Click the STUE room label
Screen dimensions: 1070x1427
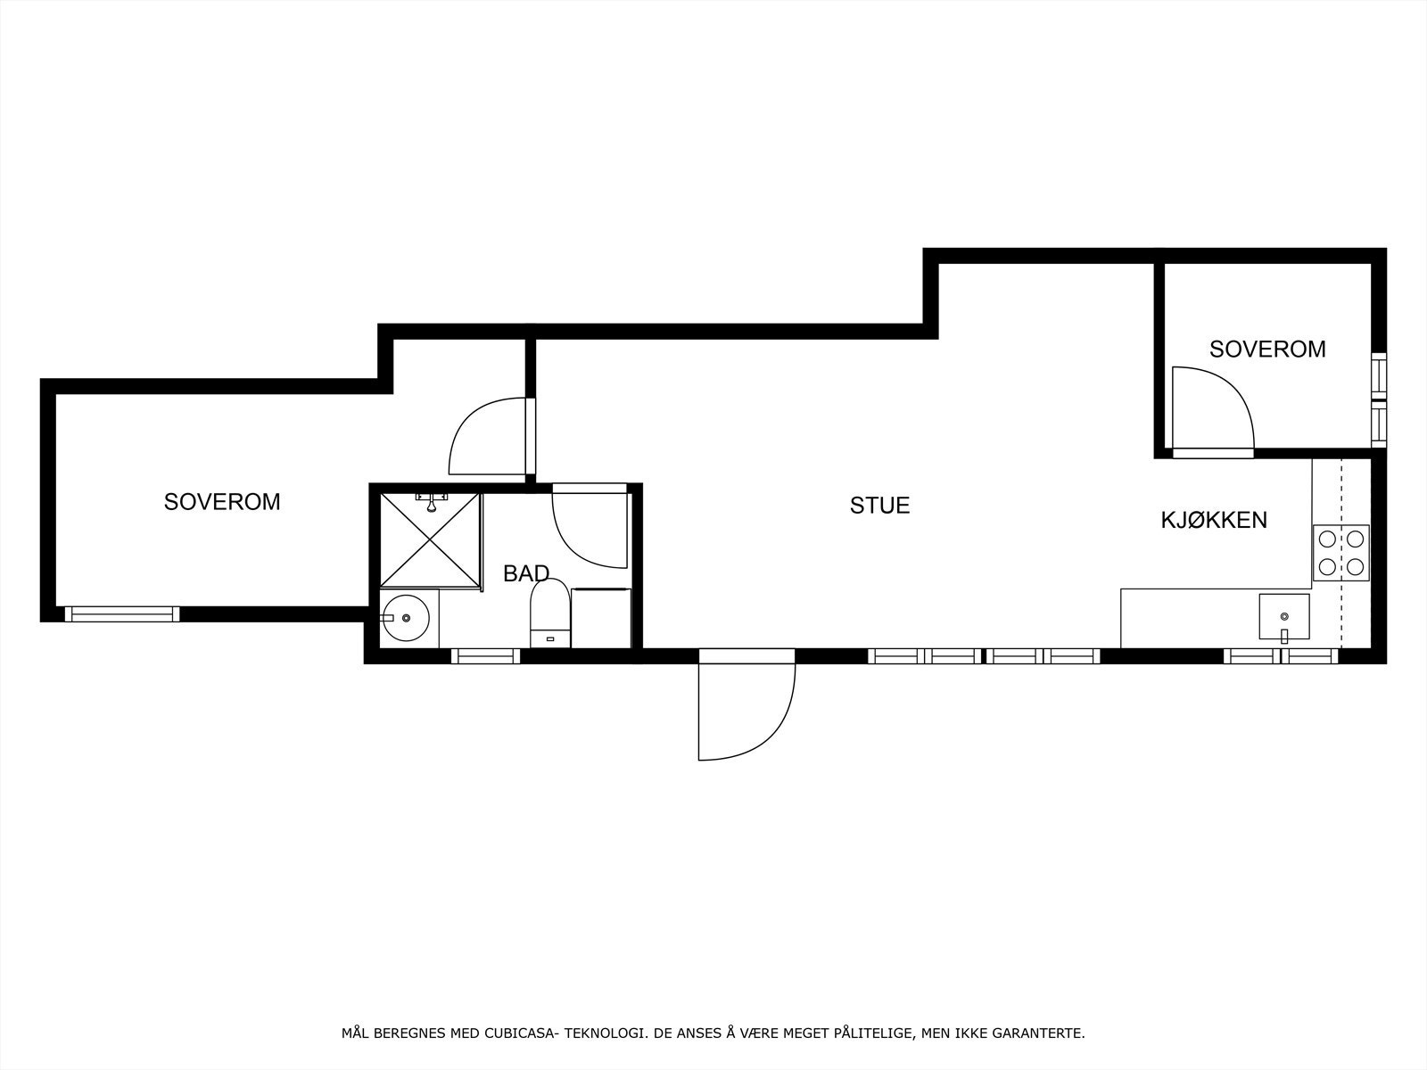coord(879,506)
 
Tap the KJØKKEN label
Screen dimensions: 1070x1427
coord(1213,520)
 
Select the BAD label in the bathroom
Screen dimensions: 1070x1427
coord(525,573)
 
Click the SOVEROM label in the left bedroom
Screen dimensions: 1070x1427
coord(222,502)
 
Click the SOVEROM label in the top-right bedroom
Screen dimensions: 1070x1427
coord(1266,350)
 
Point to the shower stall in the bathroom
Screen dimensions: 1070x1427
coord(430,540)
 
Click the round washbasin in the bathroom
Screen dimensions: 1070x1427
coord(406,617)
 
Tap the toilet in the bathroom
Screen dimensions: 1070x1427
coord(549,612)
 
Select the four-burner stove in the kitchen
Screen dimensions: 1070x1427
coord(1340,552)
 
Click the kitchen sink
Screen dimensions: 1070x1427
coord(1283,617)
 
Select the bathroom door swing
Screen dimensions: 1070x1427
coord(589,526)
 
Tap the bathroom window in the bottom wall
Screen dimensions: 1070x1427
coord(485,656)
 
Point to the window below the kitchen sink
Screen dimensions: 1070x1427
coord(1281,656)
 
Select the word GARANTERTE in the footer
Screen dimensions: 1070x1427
coord(1044,1033)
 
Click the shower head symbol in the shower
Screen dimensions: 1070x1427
coord(431,502)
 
